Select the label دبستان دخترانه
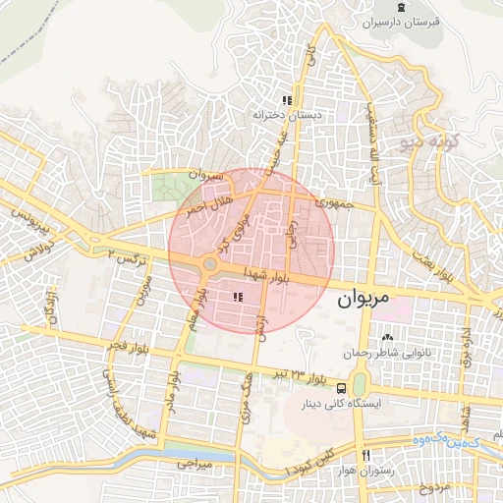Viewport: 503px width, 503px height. click(287, 114)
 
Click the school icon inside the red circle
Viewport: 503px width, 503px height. click(237, 296)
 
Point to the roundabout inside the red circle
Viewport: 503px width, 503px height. click(209, 265)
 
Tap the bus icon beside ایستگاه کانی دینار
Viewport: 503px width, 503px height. click(341, 388)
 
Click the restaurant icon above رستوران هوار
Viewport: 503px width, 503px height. click(365, 456)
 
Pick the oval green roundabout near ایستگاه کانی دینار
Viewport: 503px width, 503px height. click(360, 382)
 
